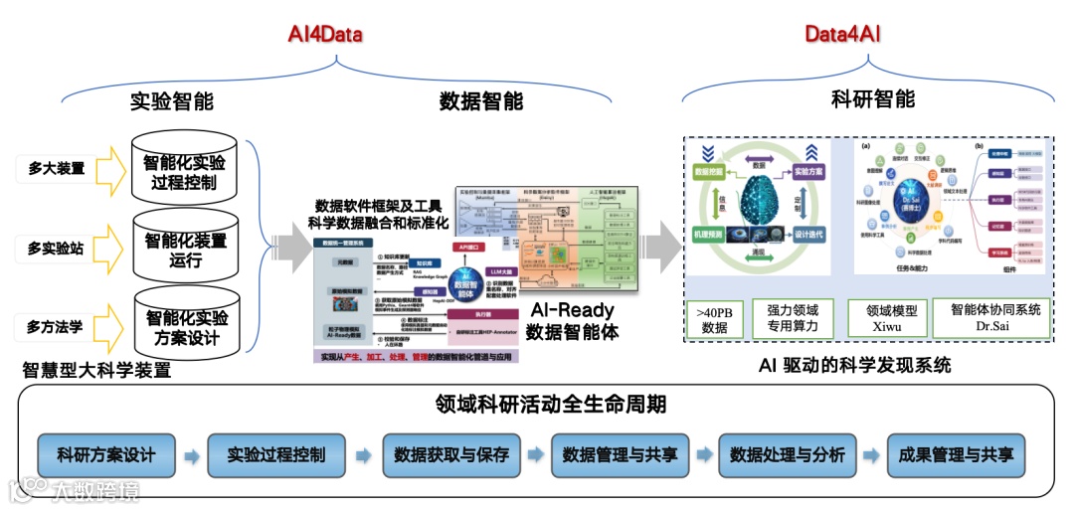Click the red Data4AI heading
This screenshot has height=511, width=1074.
842,35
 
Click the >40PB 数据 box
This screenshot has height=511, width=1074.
714,319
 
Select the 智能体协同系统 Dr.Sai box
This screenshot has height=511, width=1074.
995,318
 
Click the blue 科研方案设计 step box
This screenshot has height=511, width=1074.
106,455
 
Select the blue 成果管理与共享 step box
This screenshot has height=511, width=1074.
956,455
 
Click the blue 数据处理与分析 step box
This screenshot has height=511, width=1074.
788,455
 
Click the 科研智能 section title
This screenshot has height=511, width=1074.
872,99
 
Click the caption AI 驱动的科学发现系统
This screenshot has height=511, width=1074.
854,365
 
